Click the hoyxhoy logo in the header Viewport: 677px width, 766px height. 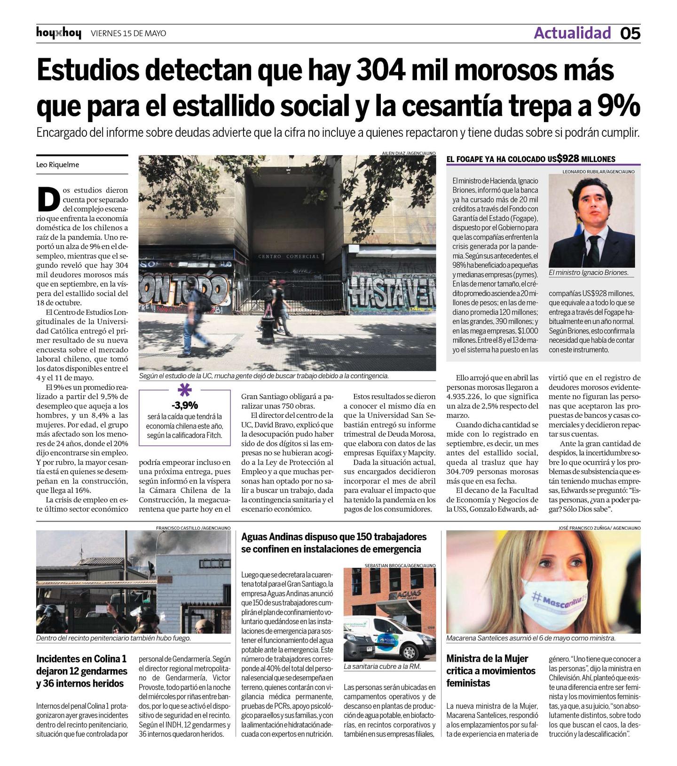pos(58,33)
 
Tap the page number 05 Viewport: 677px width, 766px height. pos(630,33)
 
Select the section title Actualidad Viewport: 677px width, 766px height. pos(572,33)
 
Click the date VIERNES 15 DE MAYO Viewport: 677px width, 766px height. pos(128,33)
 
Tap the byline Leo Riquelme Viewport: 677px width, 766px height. pos(58,164)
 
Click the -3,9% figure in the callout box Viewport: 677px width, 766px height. pos(184,405)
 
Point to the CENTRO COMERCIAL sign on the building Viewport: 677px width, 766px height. pos(289,257)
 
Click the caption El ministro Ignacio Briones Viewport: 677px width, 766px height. pos(588,273)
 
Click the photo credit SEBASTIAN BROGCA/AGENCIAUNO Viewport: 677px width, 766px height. pos(400,565)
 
